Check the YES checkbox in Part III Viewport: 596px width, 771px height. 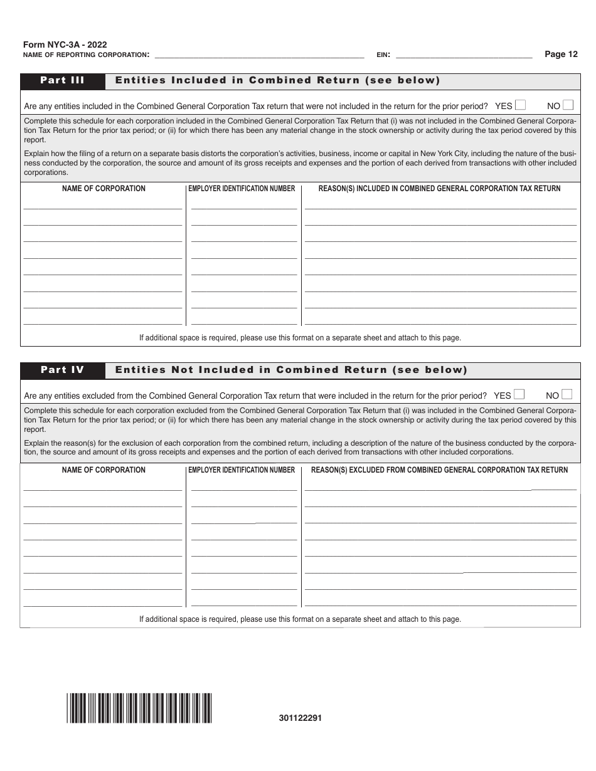[x=520, y=105]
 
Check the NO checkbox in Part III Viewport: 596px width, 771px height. [x=568, y=105]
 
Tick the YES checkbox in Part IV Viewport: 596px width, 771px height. [x=519, y=395]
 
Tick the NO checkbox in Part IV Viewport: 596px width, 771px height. [x=567, y=395]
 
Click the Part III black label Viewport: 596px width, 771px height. [x=62, y=80]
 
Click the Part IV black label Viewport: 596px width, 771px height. [x=62, y=370]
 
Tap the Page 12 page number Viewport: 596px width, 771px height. [x=561, y=54]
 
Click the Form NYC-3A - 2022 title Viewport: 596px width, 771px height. [x=65, y=45]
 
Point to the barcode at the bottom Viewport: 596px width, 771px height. [x=139, y=708]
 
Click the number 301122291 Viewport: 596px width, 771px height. [x=301, y=718]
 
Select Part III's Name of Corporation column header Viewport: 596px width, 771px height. [x=104, y=189]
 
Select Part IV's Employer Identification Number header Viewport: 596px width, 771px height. [x=242, y=470]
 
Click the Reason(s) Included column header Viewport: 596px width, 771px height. [x=439, y=189]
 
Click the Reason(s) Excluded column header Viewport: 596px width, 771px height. [x=439, y=470]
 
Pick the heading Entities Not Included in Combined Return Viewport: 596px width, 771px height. [x=291, y=370]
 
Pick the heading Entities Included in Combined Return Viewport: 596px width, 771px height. [x=277, y=80]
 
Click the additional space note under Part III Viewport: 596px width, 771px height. [x=300, y=337]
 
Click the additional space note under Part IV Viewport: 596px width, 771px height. [x=300, y=619]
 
